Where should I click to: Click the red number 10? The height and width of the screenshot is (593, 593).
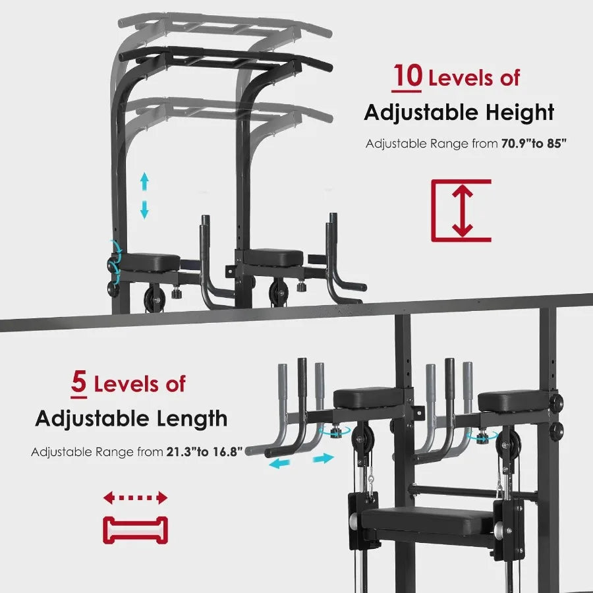coord(408,76)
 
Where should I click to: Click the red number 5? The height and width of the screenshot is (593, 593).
coord(79,383)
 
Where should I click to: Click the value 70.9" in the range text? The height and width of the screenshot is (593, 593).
coord(519,144)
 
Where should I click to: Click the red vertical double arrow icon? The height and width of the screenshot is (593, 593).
coord(463,210)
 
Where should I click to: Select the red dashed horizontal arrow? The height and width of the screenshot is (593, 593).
coord(136,497)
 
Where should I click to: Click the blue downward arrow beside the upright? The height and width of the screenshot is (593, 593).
coord(144,210)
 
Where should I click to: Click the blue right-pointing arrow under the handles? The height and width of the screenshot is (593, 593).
coord(324,458)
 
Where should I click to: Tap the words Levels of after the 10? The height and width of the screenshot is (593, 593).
coord(474,78)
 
